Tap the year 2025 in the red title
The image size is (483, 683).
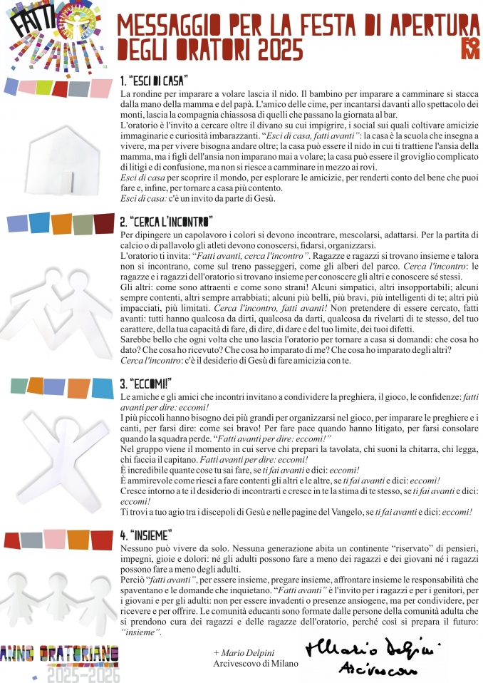(277, 50)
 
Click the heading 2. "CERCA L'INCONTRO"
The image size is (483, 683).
(166, 222)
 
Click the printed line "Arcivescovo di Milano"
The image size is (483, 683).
(256, 664)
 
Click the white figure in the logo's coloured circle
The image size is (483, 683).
(72, 24)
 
